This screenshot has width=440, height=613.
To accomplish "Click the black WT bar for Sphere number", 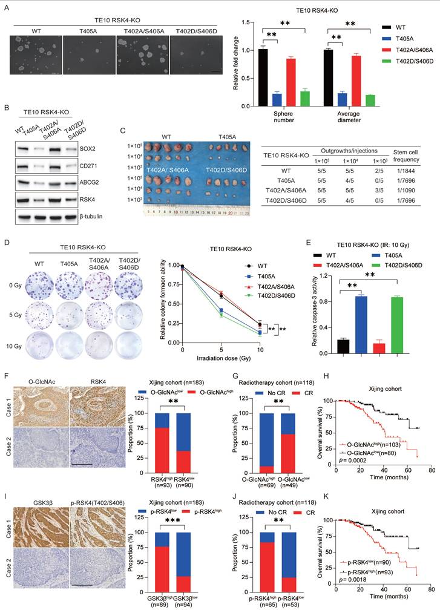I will (x=263, y=77).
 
